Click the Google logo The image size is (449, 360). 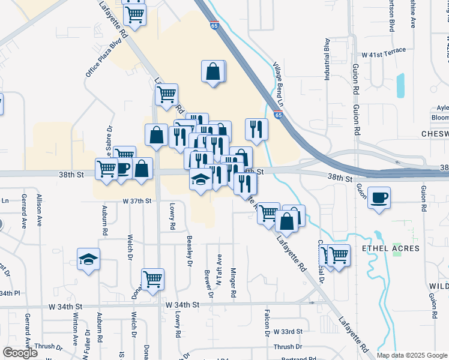click(x=20, y=353)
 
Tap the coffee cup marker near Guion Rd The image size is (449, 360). click(x=379, y=197)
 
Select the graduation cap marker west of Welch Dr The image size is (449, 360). click(x=89, y=259)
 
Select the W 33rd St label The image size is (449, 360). click(x=289, y=332)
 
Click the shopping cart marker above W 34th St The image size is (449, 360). click(x=153, y=278)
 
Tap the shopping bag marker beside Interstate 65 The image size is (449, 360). click(x=213, y=71)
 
